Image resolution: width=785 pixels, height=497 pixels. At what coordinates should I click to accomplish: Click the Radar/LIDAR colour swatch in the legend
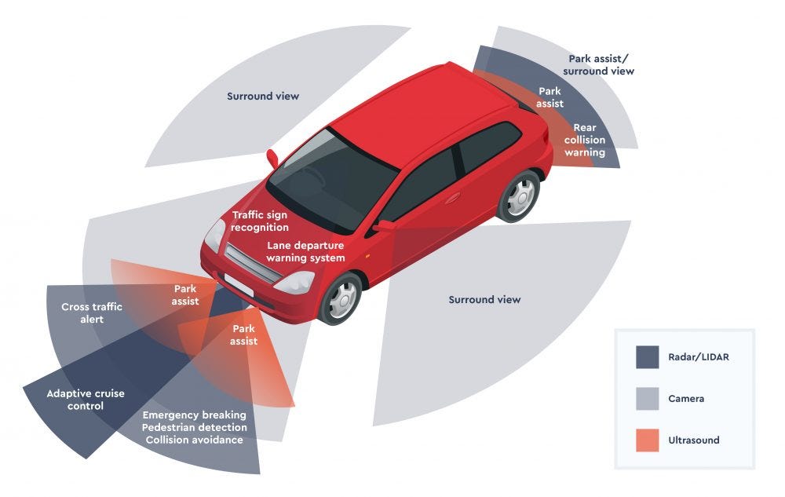click(648, 357)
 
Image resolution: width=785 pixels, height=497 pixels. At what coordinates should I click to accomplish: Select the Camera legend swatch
click(648, 398)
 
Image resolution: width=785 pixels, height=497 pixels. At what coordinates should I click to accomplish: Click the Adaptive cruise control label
click(86, 400)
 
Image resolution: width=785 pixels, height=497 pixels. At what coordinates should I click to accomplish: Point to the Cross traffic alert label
click(92, 313)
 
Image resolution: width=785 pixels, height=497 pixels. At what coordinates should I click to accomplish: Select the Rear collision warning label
click(585, 140)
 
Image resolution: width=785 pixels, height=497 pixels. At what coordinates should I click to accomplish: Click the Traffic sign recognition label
click(260, 221)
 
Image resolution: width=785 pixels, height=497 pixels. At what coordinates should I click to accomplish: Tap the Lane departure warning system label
click(305, 251)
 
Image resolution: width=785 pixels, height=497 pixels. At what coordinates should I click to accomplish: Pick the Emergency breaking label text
click(194, 415)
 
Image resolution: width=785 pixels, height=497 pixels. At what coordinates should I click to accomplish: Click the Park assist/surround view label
click(599, 65)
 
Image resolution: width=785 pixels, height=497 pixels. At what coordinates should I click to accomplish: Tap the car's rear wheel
click(519, 196)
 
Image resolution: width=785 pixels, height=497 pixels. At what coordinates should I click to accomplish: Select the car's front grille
click(252, 264)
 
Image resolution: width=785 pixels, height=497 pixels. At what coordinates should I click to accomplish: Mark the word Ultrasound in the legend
click(694, 440)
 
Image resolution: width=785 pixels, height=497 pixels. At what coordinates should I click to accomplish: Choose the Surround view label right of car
click(484, 299)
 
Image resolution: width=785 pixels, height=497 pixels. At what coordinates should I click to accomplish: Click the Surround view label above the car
click(263, 97)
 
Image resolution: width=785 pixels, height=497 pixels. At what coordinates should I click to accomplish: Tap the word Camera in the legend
click(686, 399)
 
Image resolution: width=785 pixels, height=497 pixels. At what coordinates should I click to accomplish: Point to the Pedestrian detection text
click(195, 427)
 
